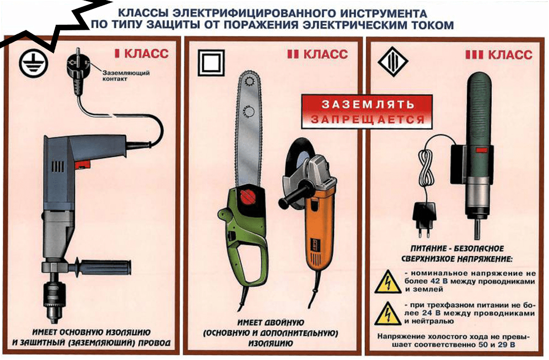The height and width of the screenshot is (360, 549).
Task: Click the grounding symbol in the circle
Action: pyautogui.click(x=33, y=63)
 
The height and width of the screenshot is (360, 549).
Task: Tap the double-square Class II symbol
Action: pyautogui.click(x=212, y=63)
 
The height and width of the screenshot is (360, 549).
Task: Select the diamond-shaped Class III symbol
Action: pyautogui.click(x=393, y=62)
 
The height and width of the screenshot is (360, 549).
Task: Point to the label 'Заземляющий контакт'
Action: pyautogui.click(x=126, y=76)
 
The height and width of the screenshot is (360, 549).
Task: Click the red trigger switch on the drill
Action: pyautogui.click(x=83, y=164)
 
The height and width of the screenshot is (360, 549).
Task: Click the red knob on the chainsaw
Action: pyautogui.click(x=249, y=196)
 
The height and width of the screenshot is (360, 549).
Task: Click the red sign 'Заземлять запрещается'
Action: pyautogui.click(x=367, y=111)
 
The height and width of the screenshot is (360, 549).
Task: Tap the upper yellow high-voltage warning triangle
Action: pyautogui.click(x=387, y=282)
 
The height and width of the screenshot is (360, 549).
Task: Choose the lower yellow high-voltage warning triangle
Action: pyautogui.click(x=387, y=314)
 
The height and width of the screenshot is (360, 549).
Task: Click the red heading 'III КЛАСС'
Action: pyautogui.click(x=498, y=54)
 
